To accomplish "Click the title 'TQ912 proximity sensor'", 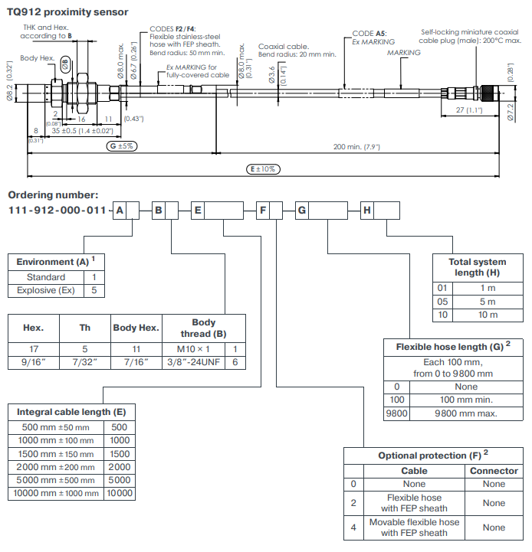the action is tap(67, 12).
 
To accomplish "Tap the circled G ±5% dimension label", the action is tap(122, 145).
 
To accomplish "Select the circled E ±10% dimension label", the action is tap(263, 169).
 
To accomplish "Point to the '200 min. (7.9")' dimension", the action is tap(356, 146).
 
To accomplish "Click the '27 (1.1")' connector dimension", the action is tap(469, 109).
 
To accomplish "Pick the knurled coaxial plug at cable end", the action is tap(490, 93).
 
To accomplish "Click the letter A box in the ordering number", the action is tap(120, 211).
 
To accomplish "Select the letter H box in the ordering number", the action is tap(367, 211).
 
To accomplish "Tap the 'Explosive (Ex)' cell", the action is tap(46, 290).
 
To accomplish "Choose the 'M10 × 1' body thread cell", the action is tap(193, 349).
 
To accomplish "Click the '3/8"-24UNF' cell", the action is tap(193, 362).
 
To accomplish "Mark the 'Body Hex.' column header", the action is tap(136, 328).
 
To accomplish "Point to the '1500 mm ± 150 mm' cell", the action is tap(56, 454).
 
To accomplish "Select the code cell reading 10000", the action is tap(120, 493).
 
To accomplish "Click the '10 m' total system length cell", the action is tap(488, 315).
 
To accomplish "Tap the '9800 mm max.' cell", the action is tap(466, 413).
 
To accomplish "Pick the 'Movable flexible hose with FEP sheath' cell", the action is tap(414, 528).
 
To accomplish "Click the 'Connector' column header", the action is tap(494, 471).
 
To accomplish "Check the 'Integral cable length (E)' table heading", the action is tap(71, 412).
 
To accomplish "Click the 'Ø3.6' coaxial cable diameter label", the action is tap(271, 74).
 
